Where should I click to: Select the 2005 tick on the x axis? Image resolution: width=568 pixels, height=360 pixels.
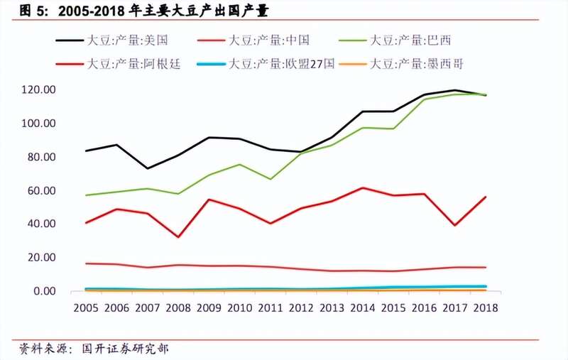click(86, 307)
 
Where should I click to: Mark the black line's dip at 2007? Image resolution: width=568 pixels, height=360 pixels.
click(147, 168)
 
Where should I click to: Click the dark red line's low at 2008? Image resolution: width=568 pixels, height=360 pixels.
click(177, 236)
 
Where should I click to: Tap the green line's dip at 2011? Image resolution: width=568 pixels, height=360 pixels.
click(270, 179)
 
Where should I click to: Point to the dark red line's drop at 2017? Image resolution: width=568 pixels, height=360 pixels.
click(454, 225)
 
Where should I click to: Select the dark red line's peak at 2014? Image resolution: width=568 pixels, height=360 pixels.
click(362, 187)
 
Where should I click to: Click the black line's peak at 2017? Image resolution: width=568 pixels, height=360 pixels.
click(454, 90)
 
